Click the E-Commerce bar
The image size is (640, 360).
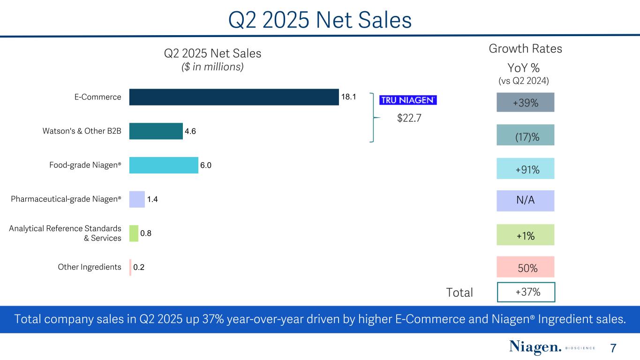(233, 97)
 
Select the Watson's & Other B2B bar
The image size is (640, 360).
(156, 131)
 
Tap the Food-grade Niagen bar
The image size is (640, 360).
(164, 165)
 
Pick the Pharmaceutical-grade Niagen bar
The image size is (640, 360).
(137, 199)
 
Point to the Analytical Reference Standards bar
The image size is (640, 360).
(134, 233)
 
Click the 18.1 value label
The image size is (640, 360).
(348, 97)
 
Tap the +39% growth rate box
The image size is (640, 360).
(525, 102)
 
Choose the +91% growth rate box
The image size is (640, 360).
(525, 169)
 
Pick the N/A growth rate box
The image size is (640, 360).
(525, 201)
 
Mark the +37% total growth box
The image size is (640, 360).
(526, 292)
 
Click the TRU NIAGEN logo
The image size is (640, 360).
(407, 100)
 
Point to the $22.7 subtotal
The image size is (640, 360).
(409, 118)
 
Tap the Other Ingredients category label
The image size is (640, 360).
(90, 267)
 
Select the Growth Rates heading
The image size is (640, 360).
(525, 49)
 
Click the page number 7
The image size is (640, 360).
(613, 348)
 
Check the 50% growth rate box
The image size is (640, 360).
(525, 267)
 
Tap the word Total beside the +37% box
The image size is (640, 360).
(459, 292)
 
